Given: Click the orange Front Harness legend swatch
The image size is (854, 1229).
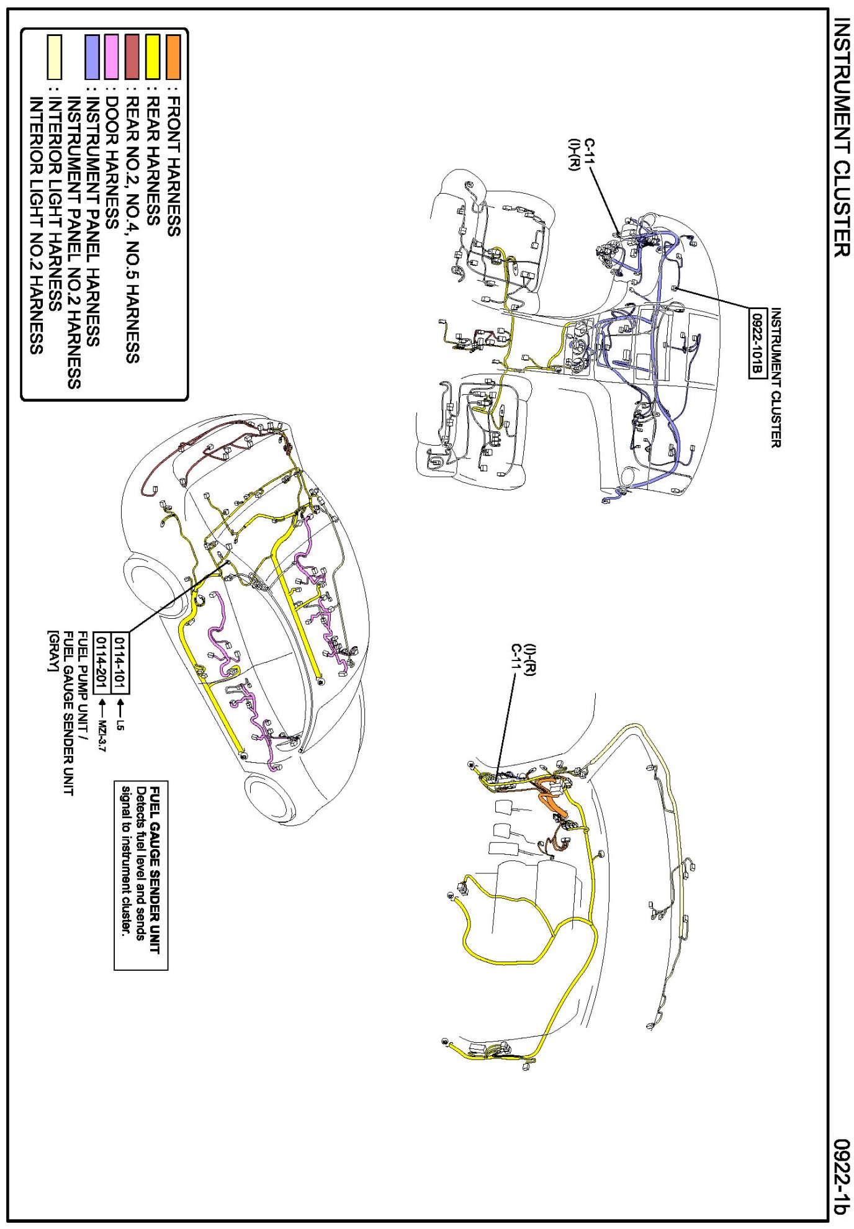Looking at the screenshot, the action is (173, 57).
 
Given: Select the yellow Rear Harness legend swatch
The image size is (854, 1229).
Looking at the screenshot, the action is (153, 57).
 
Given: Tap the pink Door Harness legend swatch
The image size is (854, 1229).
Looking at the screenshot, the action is (112, 57).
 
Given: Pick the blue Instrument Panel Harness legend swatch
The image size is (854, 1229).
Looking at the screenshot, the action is (92, 57).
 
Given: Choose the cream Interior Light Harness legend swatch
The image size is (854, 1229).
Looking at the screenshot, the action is (55, 57).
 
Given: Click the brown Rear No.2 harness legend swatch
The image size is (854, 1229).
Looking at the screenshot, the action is (132, 57).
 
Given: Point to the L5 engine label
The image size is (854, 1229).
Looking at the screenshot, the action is (120, 724).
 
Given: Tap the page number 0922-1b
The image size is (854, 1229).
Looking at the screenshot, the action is (841, 1176).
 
